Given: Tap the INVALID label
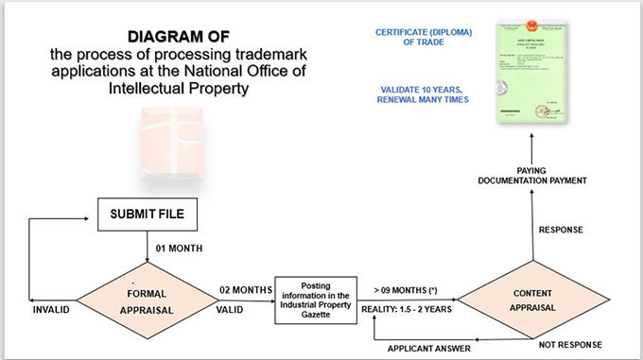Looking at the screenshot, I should tap(51, 309).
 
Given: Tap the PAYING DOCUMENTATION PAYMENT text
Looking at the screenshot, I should tap(532, 174).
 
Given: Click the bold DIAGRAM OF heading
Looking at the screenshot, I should tap(179, 37).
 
